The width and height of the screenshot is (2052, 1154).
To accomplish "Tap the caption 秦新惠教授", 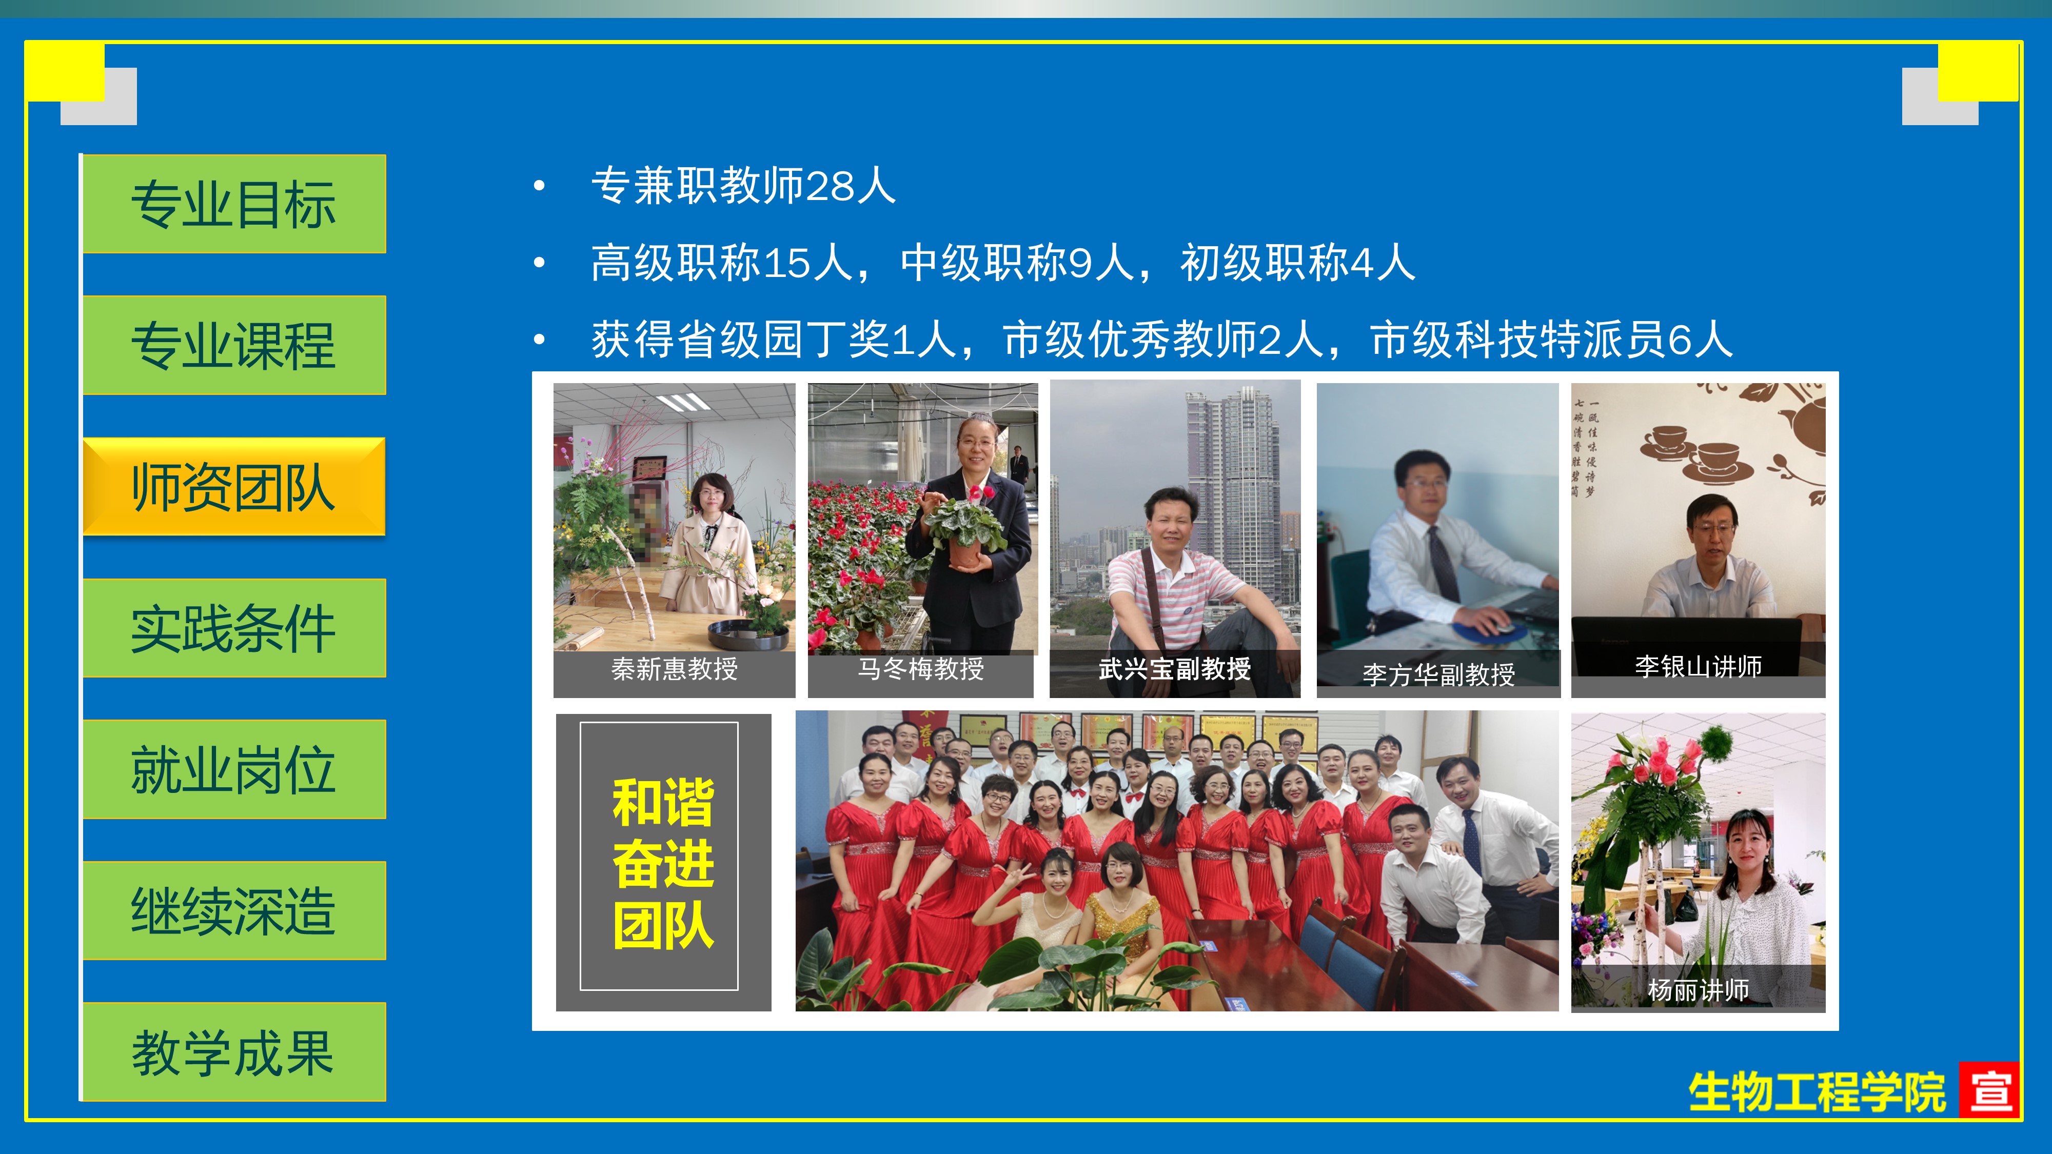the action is tap(674, 669).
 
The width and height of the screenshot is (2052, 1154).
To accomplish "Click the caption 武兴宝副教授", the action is tap(1174, 669).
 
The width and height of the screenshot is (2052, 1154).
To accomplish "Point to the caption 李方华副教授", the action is tap(1438, 674).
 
